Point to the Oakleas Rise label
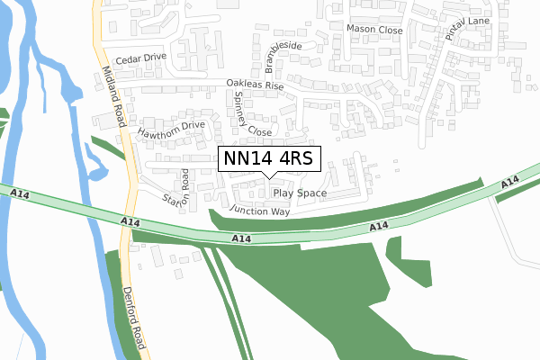click(x=255, y=86)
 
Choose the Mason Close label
click(x=374, y=29)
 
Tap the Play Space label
click(x=300, y=193)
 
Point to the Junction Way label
click(x=260, y=211)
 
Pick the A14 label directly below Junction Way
click(x=240, y=238)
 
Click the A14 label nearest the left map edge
click(x=20, y=193)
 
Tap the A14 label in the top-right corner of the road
click(x=509, y=184)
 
